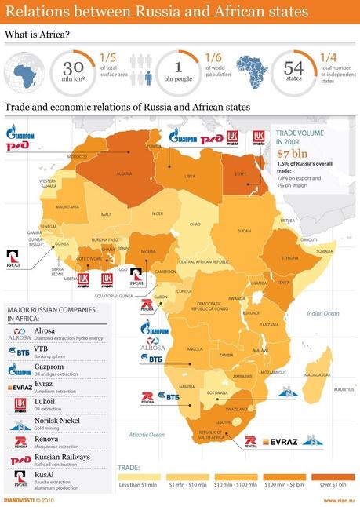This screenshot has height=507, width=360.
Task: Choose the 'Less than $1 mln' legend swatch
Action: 140,476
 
